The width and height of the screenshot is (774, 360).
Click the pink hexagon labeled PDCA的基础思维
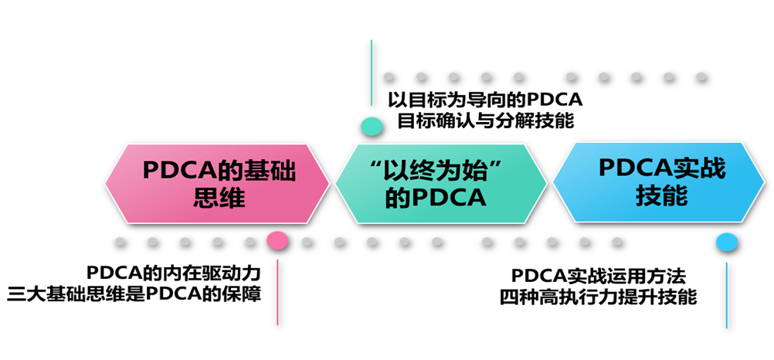[x=217, y=184]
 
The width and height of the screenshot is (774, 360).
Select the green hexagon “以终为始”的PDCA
[x=441, y=184]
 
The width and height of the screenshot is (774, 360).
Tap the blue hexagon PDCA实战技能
[x=661, y=182]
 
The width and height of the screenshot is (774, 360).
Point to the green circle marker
[x=372, y=127]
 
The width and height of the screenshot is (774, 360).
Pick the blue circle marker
[x=727, y=243]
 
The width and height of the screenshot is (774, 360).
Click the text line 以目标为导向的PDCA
[x=485, y=100]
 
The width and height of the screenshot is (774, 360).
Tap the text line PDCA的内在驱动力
[x=173, y=273]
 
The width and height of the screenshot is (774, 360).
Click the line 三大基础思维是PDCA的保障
[x=134, y=295]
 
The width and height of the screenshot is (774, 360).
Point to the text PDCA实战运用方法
[x=599, y=275]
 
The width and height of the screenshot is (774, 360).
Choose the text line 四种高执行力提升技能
[x=599, y=297]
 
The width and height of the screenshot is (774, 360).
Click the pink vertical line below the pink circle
[x=277, y=292]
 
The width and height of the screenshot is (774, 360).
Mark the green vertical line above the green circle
[x=372, y=73]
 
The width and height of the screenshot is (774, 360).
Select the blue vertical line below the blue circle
[x=727, y=295]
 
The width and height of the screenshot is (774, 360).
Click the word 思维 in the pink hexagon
[x=221, y=199]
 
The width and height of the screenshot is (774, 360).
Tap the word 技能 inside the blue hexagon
[x=661, y=196]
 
